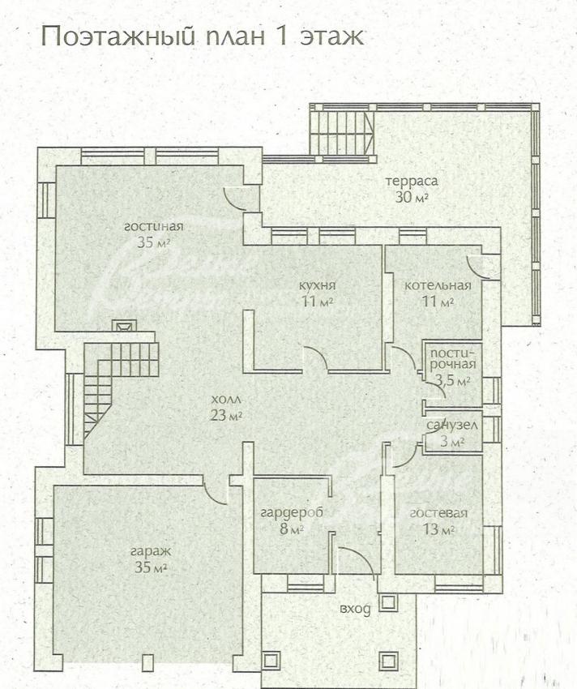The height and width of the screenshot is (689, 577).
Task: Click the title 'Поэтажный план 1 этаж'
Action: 202,37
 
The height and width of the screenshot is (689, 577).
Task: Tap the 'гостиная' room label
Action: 153,227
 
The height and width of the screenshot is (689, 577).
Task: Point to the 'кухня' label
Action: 317,285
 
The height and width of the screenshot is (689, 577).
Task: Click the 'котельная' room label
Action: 438,285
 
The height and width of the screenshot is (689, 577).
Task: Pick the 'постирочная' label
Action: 453,358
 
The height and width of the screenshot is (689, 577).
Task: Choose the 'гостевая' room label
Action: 438,513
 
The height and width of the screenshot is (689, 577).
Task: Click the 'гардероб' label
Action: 292,513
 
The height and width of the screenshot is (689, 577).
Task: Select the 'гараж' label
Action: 151,552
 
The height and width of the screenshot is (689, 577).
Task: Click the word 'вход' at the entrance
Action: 355,609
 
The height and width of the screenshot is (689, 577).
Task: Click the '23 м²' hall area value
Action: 226,415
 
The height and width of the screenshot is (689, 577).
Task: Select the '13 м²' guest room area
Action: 438,529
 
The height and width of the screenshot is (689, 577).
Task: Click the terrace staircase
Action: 342,133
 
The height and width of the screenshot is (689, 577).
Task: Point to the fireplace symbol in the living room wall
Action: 124,326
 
